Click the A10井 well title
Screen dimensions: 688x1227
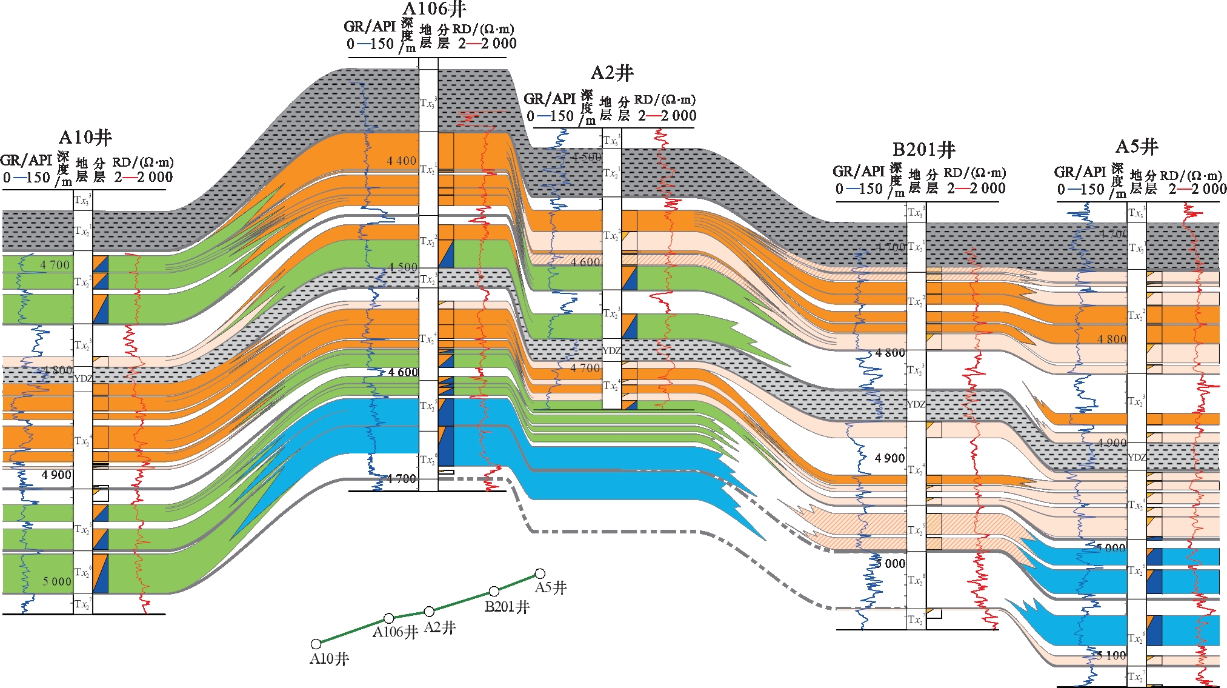pos(85,138)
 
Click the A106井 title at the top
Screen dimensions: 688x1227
pos(434,9)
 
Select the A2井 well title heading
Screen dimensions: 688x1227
pos(612,73)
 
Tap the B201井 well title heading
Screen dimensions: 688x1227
pos(923,150)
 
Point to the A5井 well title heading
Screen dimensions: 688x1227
pos(1137,147)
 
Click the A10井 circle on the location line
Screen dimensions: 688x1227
pos(316,644)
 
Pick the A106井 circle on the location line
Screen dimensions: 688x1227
pos(389,618)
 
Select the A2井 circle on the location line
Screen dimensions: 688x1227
pos(429,611)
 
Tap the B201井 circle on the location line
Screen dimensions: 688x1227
pos(494,591)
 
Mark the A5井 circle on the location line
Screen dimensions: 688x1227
pos(540,573)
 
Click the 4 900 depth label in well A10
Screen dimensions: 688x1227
pos(56,475)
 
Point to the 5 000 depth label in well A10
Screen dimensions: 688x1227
pos(56,581)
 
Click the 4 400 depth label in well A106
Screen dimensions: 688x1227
pos(402,161)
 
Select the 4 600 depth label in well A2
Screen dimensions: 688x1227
pos(585,262)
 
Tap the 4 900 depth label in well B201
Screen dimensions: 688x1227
pos(890,458)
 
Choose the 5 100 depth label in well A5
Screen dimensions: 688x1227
pos(1111,655)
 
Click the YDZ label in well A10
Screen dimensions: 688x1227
pos(83,379)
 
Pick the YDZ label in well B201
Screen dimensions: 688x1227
pos(916,404)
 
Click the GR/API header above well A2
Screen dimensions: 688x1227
pos(549,99)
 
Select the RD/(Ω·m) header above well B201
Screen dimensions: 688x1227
pos(974,173)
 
